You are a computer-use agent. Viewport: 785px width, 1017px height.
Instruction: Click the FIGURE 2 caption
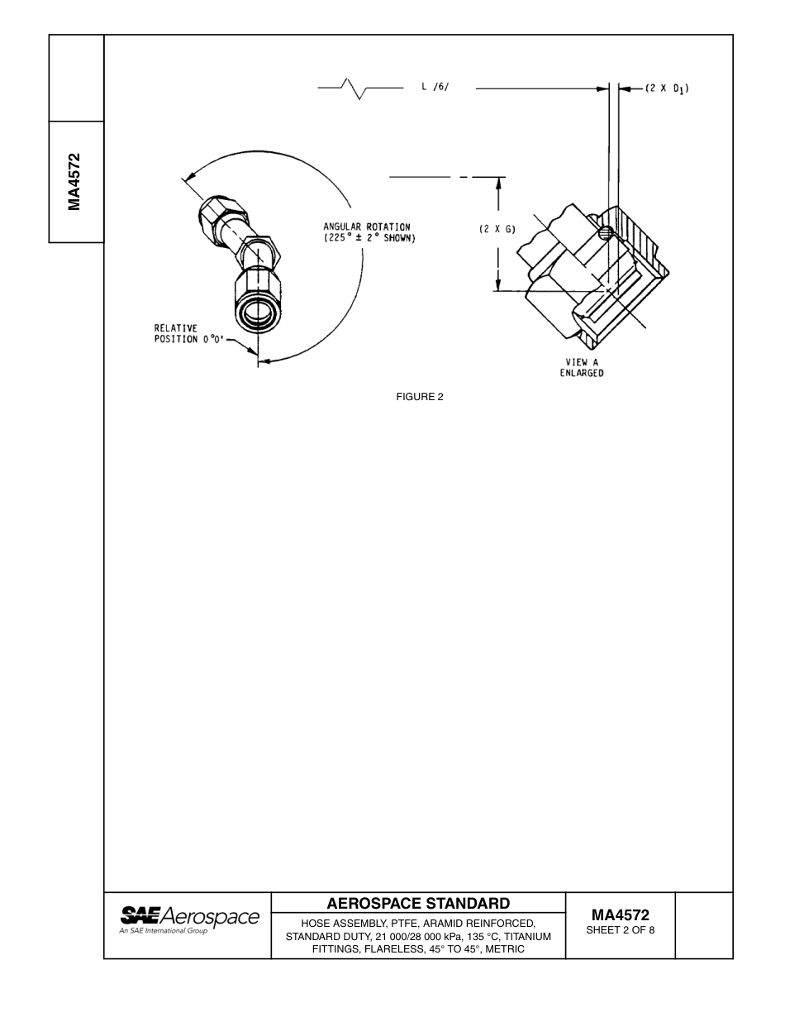coord(420,397)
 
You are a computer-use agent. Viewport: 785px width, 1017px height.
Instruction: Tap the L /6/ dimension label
coord(435,88)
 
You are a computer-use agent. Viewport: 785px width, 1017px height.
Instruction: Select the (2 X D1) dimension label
coord(667,88)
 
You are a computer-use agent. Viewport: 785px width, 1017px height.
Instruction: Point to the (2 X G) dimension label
coord(497,229)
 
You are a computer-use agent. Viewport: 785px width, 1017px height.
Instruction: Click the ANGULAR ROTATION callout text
coord(369,232)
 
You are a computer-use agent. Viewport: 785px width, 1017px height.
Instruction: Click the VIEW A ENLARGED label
coord(582,367)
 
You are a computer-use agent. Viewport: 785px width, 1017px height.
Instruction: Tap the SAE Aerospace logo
coord(190,919)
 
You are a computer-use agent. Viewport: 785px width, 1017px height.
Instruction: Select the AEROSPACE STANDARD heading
coord(418,903)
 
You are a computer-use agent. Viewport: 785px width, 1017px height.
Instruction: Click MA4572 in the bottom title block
coord(620,914)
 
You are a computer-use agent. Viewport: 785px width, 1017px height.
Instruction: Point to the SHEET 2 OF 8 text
coord(620,930)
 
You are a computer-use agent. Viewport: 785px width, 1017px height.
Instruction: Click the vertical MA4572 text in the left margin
coord(75,182)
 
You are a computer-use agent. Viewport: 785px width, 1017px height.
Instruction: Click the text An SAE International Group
coord(164,931)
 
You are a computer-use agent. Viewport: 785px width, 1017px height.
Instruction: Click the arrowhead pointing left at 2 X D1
coord(623,88)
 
